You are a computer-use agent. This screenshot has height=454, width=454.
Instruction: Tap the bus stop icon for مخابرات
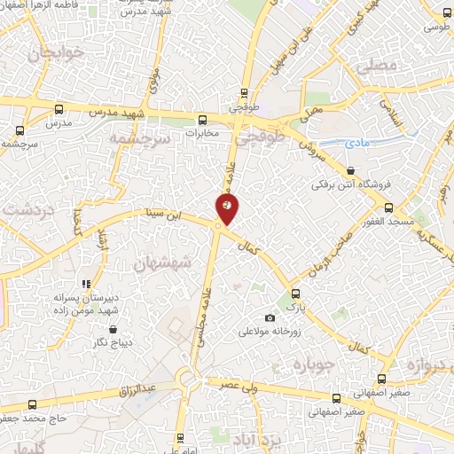203,119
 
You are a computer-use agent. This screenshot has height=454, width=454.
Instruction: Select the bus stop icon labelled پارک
295,294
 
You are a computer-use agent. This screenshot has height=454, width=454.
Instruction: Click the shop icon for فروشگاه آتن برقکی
351,171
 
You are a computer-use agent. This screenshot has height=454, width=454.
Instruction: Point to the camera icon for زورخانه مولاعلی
270,318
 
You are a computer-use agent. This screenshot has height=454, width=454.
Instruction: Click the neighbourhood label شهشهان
156,262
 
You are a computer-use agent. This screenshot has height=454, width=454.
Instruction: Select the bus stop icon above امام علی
180,438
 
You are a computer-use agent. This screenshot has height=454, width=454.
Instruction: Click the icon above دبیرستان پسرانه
86,284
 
